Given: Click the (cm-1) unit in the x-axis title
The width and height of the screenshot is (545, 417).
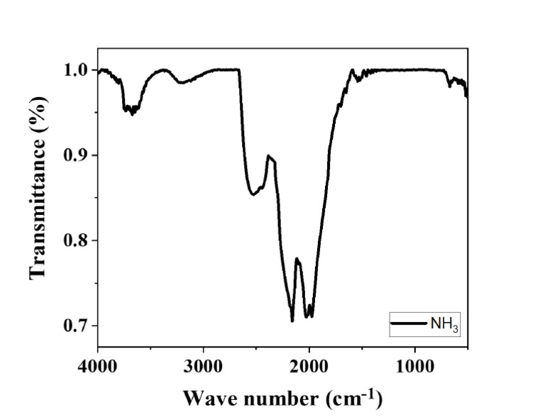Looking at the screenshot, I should click(x=353, y=395).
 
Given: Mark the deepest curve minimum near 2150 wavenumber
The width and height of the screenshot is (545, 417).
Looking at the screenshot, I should click(x=292, y=321).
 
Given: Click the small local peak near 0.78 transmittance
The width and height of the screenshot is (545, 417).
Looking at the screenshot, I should click(x=297, y=259).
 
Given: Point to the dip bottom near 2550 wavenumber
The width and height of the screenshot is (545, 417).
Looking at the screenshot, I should click(x=252, y=194).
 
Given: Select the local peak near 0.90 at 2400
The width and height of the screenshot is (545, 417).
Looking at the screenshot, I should click(x=268, y=156).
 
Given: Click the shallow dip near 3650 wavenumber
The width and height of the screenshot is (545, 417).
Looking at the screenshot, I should click(x=132, y=113).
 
